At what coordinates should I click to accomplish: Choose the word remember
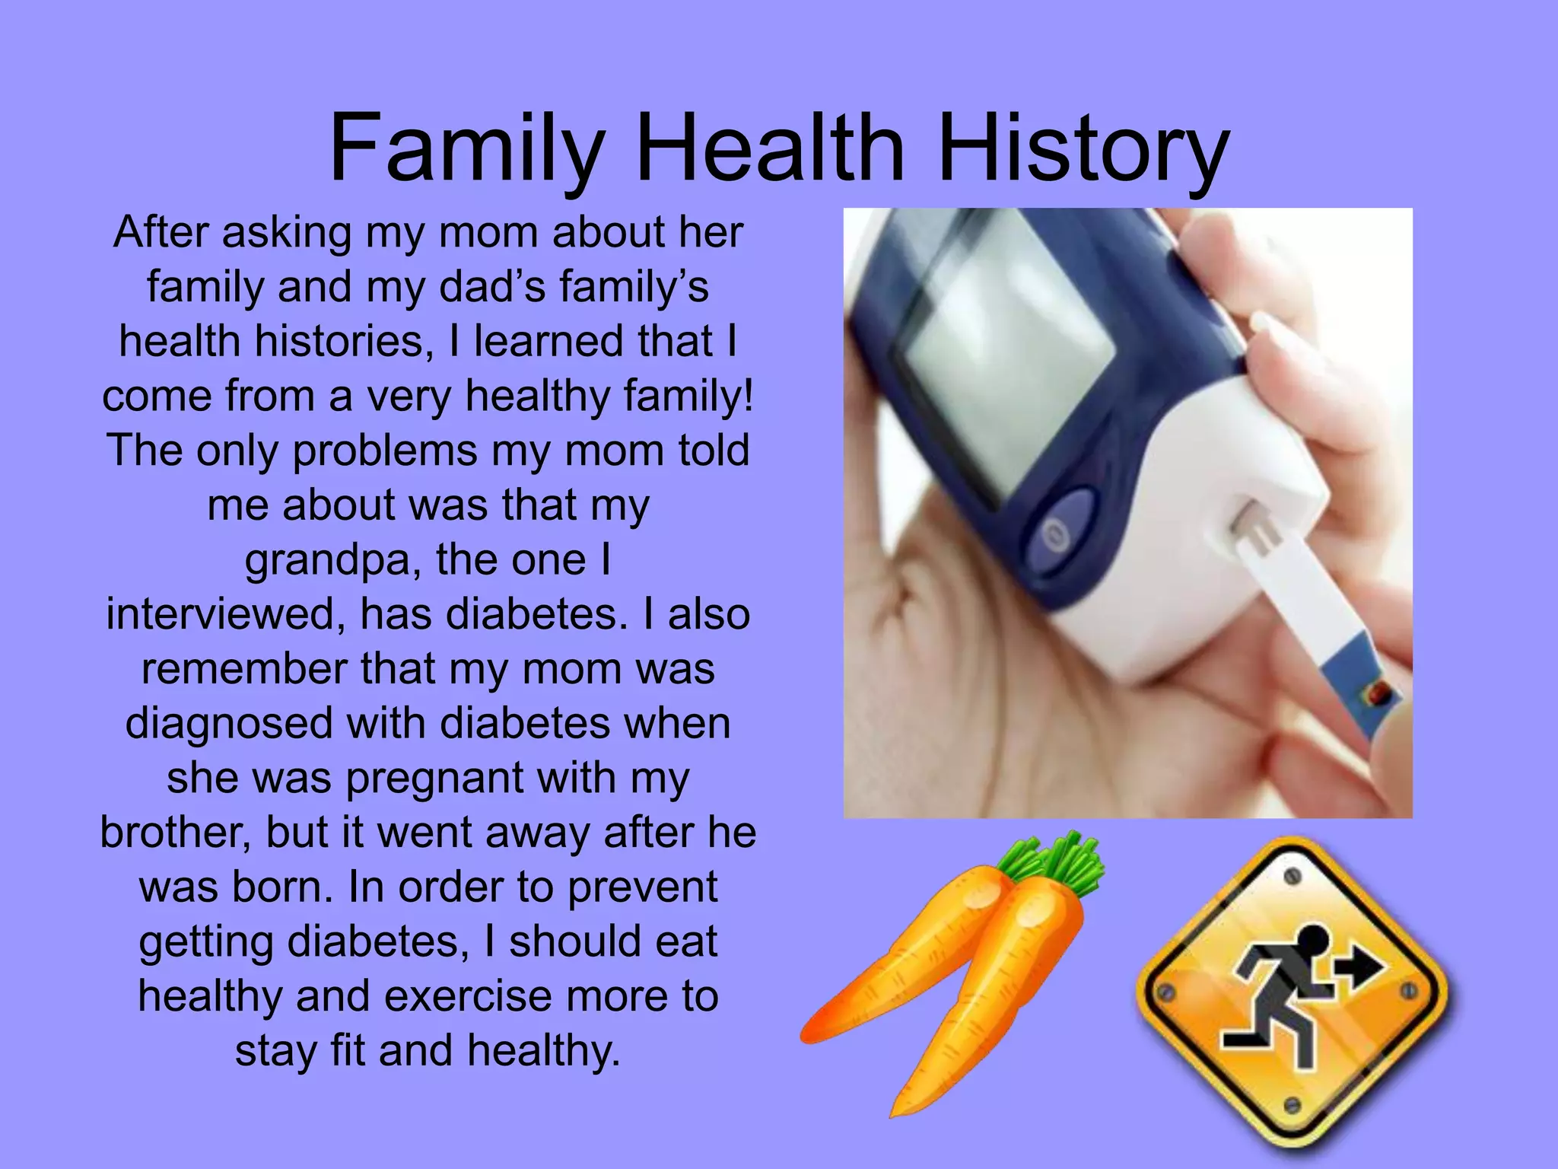243,669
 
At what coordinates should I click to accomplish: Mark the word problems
384,451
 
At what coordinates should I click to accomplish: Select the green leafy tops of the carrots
1057,864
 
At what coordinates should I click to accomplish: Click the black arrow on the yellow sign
1362,968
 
